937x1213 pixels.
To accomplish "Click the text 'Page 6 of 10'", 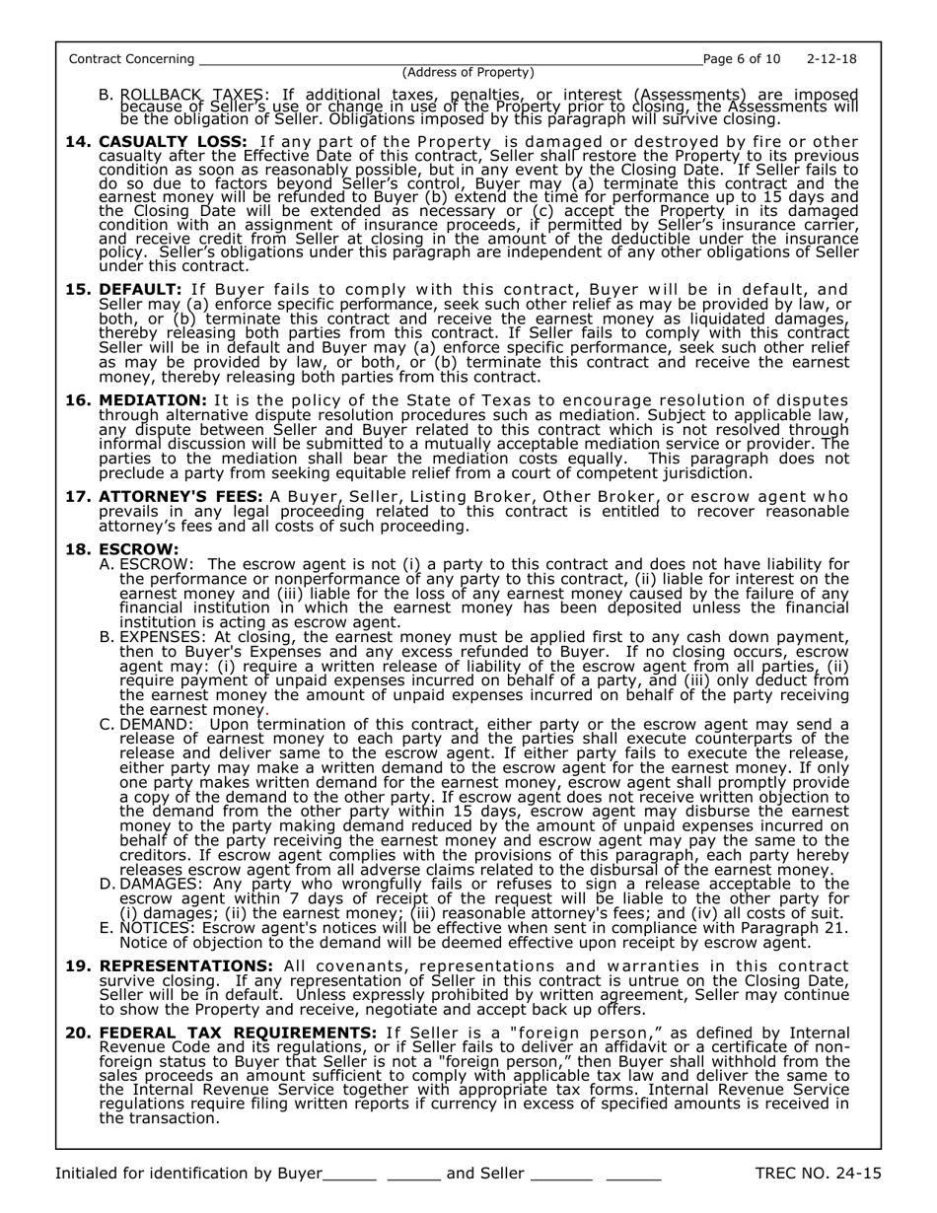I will pyautogui.click(x=740, y=59).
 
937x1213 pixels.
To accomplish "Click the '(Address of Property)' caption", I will pyautogui.click(x=468, y=73).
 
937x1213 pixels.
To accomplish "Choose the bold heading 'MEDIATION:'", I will pyautogui.click(x=153, y=399).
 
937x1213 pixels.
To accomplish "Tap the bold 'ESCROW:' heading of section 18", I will pyautogui.click(x=139, y=548).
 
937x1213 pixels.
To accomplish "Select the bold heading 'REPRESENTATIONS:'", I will pyautogui.click(x=186, y=964).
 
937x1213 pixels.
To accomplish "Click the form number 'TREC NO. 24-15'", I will pyautogui.click(x=818, y=1173).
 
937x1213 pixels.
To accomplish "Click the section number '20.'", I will pyautogui.click(x=78, y=1033).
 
